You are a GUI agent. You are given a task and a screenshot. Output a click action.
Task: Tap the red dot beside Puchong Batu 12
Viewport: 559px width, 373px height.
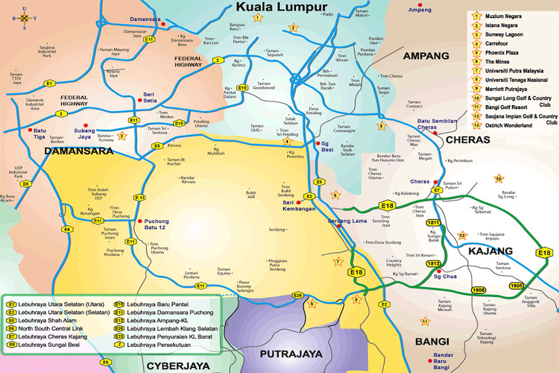pos(139,221)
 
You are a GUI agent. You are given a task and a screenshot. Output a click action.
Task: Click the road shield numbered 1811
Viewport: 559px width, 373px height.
pos(433,223)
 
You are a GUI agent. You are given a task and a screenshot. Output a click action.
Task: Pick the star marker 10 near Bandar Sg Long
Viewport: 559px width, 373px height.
pos(499,178)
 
